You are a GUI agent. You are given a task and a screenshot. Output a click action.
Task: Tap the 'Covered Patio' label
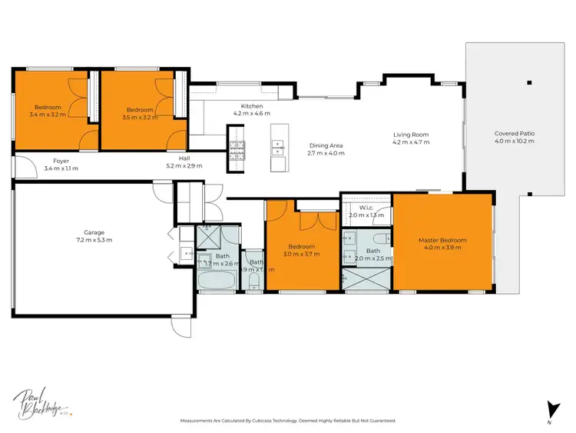(x=514, y=134)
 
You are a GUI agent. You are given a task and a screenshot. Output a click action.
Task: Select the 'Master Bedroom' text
(x=442, y=240)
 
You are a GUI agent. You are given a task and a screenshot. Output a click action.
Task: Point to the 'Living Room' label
(x=410, y=135)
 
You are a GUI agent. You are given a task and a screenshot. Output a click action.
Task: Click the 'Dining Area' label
(x=326, y=145)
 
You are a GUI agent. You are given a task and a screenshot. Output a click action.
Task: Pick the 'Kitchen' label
(x=252, y=106)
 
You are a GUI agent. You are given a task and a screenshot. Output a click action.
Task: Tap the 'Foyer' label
(x=61, y=161)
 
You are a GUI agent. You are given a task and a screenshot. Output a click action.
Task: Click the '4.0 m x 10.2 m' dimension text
(x=514, y=142)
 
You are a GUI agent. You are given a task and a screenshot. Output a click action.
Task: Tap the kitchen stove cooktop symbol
(x=235, y=147)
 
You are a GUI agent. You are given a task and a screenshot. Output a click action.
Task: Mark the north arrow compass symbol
(x=548, y=409)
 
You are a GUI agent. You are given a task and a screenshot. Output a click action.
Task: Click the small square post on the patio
(x=528, y=82)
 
